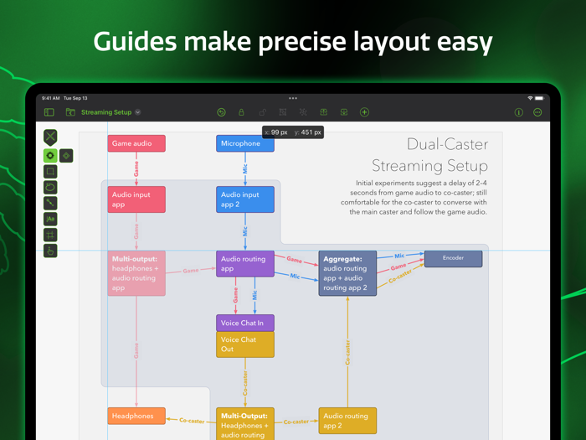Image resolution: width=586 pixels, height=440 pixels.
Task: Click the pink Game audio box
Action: (x=136, y=143)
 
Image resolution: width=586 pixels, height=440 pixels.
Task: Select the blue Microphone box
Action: (x=245, y=143)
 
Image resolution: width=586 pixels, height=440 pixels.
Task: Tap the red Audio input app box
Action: (x=136, y=199)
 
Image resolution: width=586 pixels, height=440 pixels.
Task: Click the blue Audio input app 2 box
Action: (x=245, y=199)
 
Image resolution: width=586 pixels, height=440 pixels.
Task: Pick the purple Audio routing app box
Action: (x=245, y=264)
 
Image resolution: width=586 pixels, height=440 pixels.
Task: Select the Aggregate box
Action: (x=347, y=273)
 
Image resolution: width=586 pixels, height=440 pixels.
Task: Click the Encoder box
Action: (x=453, y=258)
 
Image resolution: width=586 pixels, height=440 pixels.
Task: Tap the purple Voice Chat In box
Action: (x=245, y=323)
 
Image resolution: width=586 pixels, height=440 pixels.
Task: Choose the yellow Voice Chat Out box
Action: (x=245, y=344)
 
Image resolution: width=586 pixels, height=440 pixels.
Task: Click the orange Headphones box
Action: (x=136, y=416)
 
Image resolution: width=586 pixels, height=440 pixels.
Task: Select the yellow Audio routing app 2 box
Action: (x=347, y=420)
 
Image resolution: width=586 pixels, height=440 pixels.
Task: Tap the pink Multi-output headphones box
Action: (x=136, y=273)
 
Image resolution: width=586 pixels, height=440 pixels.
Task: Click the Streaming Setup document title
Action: (x=106, y=112)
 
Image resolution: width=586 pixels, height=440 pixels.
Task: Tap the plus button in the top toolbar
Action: (x=364, y=112)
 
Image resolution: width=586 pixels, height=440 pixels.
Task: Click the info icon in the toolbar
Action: (x=518, y=112)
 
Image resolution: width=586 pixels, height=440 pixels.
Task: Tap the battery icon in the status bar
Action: (x=540, y=98)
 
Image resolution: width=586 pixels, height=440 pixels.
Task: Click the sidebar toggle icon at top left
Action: (x=49, y=112)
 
